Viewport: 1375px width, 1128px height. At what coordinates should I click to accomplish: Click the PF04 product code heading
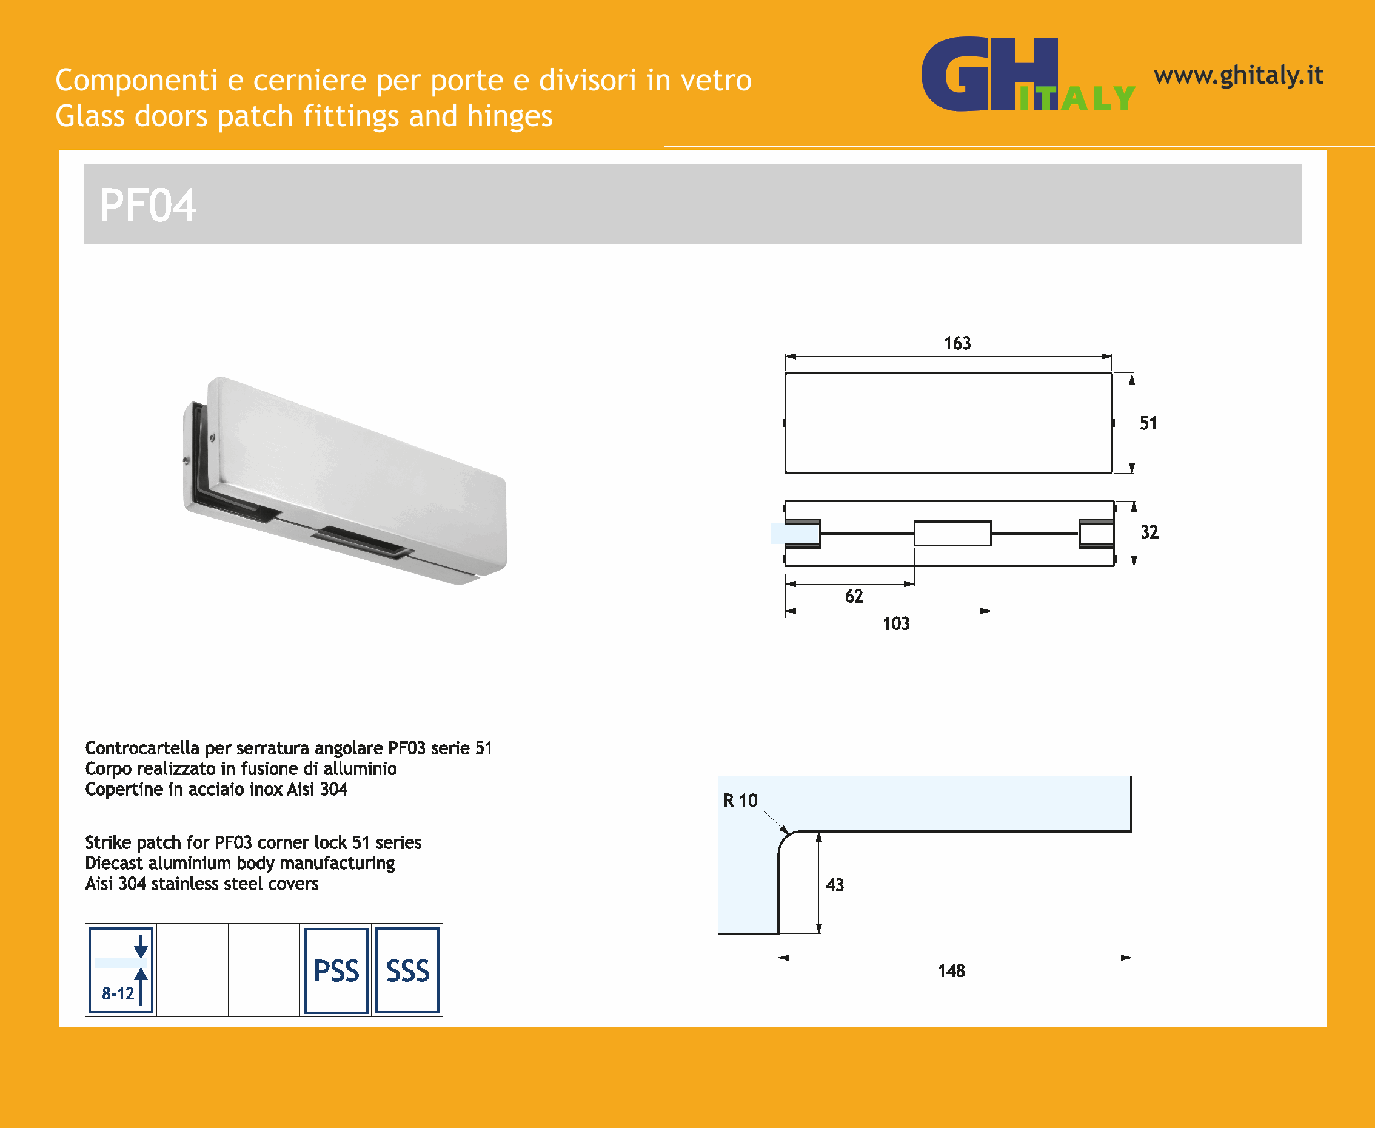147,206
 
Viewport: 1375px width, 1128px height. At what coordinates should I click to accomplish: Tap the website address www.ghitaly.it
1239,76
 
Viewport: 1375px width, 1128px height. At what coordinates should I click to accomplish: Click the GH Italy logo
1028,74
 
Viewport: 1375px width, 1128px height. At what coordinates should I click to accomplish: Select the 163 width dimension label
957,343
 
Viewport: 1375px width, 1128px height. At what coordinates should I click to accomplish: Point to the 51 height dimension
1148,424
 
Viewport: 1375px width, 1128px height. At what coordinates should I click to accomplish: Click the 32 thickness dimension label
1149,532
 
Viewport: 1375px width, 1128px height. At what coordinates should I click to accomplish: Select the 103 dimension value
896,624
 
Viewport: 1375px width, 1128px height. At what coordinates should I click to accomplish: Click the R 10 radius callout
740,801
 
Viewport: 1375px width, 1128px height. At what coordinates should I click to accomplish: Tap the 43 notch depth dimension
835,885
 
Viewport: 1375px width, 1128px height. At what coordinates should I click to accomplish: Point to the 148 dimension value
951,971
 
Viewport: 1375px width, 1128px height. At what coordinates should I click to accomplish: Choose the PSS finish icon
336,970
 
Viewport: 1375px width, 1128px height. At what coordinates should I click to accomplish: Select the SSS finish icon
408,970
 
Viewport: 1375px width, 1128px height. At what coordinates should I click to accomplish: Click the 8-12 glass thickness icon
121,970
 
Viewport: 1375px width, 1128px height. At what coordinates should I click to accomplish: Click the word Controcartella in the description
142,748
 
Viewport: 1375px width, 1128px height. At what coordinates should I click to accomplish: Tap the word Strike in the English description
109,843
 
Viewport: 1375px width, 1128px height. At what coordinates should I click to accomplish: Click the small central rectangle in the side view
953,534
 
